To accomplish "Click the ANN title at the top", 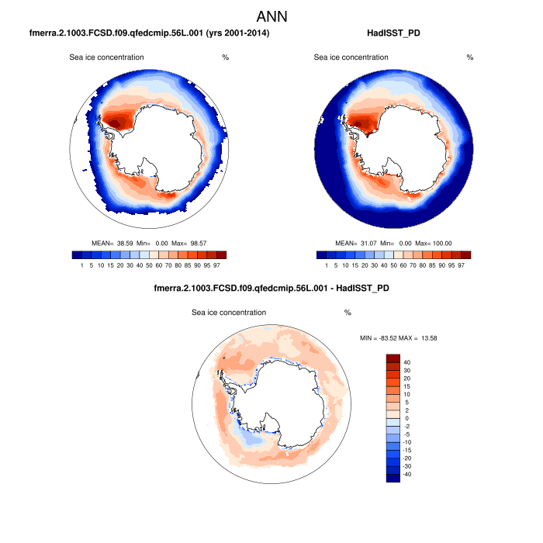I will tap(271, 16).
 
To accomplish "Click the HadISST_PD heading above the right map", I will tap(399, 34).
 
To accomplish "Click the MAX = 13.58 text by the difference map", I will tap(424, 338).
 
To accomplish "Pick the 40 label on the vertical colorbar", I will tap(406, 362).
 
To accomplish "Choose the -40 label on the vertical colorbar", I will tap(407, 472).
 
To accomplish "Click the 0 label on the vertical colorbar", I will tap(405, 417).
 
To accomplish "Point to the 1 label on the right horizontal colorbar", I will tap(326, 265).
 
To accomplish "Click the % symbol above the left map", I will tap(225, 57).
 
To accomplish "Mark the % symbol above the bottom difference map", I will tap(348, 313).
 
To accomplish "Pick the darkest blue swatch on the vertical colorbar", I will tap(393, 478).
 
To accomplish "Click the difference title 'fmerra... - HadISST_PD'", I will tap(271, 289).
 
